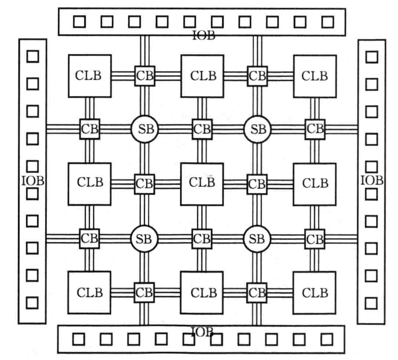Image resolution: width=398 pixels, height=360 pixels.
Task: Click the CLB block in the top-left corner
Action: click(90, 76)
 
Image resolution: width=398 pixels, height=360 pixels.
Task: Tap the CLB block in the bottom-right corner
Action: click(314, 292)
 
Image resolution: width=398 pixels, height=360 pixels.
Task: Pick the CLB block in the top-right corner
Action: click(315, 76)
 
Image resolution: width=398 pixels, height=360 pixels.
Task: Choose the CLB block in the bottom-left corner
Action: click(89, 292)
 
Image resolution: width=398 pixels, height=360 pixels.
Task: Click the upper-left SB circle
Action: click(145, 129)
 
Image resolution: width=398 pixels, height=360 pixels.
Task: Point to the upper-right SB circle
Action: click(257, 129)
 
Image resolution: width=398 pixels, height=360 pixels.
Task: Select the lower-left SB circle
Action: click(144, 239)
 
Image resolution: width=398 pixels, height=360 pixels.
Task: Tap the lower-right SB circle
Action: click(257, 239)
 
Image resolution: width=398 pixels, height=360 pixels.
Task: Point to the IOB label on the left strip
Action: click(33, 181)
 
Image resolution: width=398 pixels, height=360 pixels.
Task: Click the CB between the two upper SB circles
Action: click(202, 129)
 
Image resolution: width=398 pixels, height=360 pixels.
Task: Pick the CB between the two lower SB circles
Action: click(202, 239)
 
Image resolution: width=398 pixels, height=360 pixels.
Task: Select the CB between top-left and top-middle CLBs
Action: click(145, 76)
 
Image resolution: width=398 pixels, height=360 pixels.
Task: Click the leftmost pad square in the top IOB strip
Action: click(79, 22)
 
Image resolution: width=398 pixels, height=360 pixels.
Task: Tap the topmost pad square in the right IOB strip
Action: click(372, 57)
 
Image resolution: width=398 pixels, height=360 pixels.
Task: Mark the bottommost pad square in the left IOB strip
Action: click(33, 302)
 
